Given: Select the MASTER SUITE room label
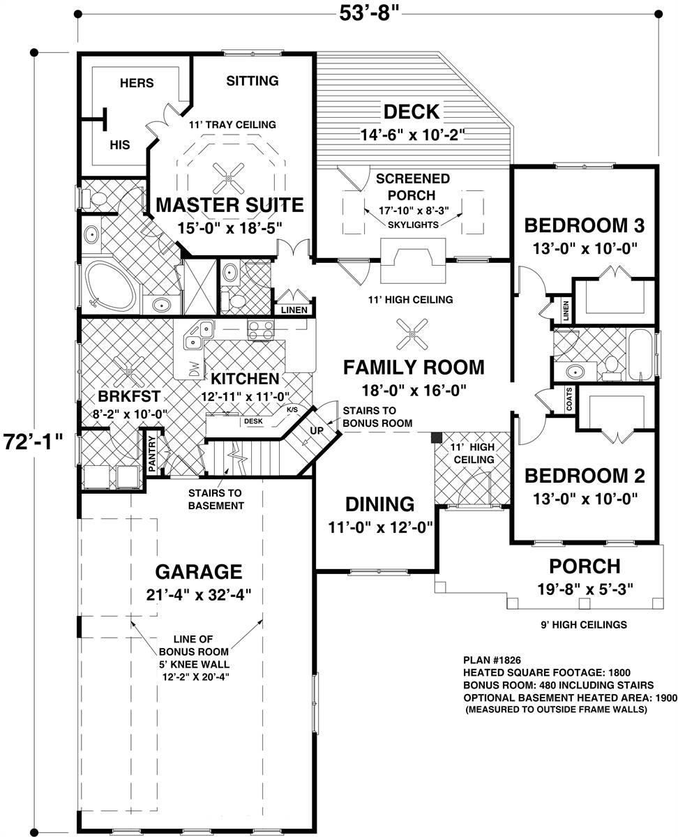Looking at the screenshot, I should click(x=229, y=205).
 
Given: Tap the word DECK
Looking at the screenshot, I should click(x=412, y=112).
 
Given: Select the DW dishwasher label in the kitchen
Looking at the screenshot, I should click(x=194, y=367).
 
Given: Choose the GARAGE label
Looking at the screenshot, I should click(x=198, y=572).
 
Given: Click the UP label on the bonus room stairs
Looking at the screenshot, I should click(x=317, y=430).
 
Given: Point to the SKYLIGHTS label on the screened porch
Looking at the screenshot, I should click(x=414, y=225).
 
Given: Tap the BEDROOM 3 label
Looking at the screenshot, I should click(x=583, y=225).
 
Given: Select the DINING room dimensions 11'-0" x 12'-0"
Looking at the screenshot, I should click(x=379, y=527).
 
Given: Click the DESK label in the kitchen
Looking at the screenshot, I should click(x=253, y=421).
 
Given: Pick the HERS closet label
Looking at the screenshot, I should click(x=137, y=83).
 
